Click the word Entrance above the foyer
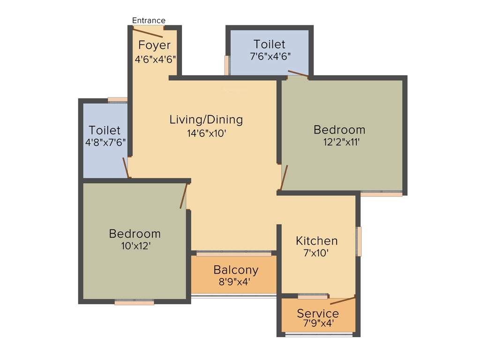[x=149, y=20]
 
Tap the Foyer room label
[x=154, y=45]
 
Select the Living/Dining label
[x=206, y=120]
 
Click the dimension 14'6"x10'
[x=207, y=133]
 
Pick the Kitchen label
[x=317, y=241]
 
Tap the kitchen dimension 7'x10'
[x=316, y=254]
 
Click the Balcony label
[x=236, y=270]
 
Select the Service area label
[x=318, y=313]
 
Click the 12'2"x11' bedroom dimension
[x=341, y=142]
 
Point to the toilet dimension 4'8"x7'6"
[x=105, y=142]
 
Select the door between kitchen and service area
[x=343, y=300]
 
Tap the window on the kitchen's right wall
[x=359, y=241]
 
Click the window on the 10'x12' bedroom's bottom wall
[x=134, y=303]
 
